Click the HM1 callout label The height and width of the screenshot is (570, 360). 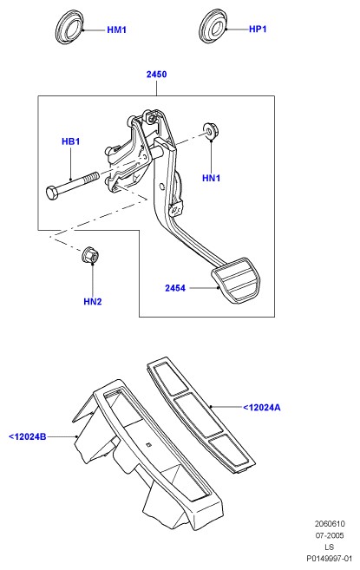click(116, 29)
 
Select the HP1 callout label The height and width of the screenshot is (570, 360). click(258, 29)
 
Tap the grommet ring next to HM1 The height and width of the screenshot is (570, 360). click(69, 28)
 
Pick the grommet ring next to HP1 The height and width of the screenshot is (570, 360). click(213, 27)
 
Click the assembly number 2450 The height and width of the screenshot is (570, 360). click(156, 74)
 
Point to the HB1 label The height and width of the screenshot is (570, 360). click(70, 141)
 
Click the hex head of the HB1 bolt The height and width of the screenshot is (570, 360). click(52, 193)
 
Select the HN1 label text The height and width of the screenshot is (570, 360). click(212, 178)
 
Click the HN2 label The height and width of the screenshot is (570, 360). click(93, 301)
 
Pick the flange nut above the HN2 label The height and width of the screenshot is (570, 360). click(90, 255)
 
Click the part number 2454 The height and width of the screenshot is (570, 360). click(175, 288)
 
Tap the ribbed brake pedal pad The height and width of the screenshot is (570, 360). click(236, 279)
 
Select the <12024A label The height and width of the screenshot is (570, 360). click(262, 408)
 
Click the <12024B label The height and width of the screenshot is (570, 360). click(28, 436)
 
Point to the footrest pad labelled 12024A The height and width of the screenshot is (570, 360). click(200, 416)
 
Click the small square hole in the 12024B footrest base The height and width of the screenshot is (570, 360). click(147, 444)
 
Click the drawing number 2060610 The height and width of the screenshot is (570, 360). click(330, 524)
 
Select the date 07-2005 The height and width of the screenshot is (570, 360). click(330, 535)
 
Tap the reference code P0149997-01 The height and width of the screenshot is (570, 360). click(330, 559)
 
